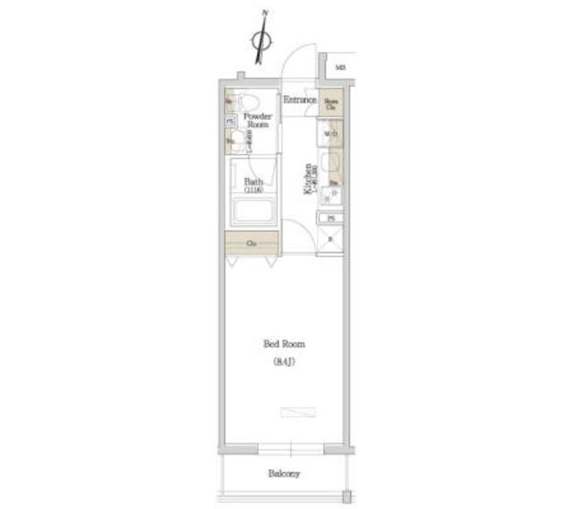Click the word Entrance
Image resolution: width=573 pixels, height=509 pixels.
[x=299, y=100]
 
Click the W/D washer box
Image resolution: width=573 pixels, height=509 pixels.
[x=330, y=134]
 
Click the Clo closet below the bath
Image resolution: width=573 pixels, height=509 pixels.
[x=252, y=243]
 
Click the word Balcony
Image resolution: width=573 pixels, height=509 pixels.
[x=283, y=474]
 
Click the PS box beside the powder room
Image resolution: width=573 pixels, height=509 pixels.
[x=230, y=122]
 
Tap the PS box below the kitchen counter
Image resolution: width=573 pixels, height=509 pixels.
[x=331, y=218]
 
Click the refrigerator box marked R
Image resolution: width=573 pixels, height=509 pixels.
[x=330, y=239]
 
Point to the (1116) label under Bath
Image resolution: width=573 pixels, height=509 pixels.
[x=253, y=191]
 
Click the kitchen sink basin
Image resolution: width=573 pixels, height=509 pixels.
[x=330, y=162]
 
